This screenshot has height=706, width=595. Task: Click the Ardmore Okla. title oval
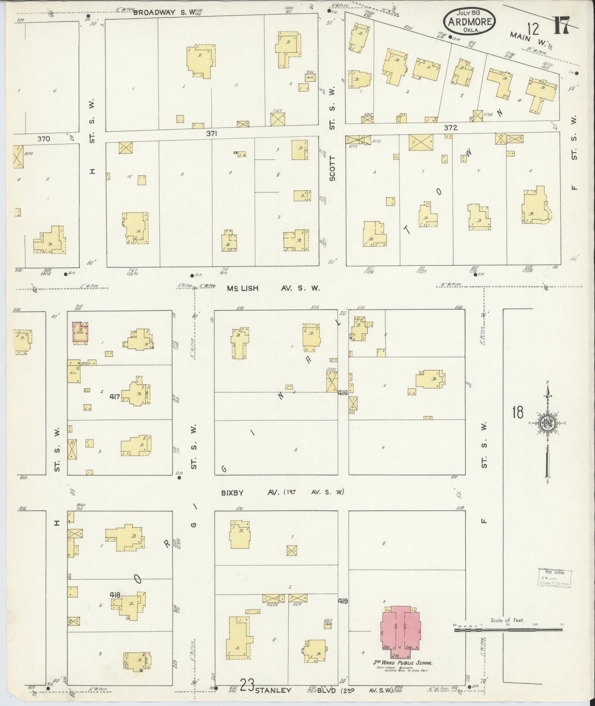point(469,19)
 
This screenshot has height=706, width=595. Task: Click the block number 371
point(212,133)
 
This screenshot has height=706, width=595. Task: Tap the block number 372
point(450,128)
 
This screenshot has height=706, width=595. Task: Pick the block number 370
point(44,139)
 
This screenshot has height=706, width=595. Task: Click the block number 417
point(115,397)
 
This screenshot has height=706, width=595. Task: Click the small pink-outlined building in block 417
point(80,332)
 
